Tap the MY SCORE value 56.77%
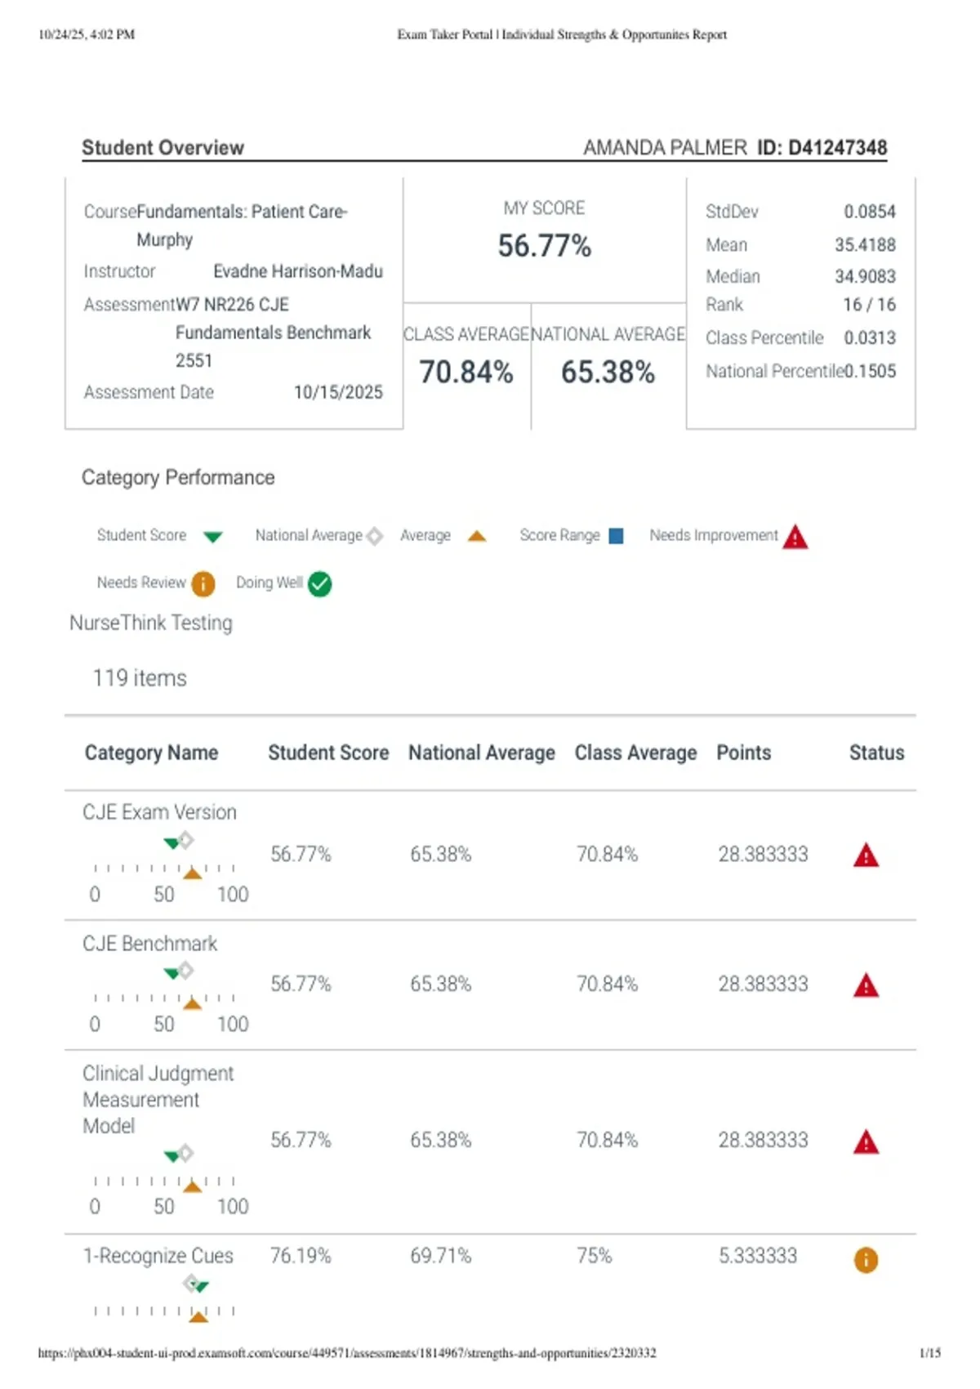click(544, 246)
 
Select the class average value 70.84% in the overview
click(466, 372)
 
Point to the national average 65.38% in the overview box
click(608, 372)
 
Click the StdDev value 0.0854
click(869, 212)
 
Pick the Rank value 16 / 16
click(869, 305)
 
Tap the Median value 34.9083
click(865, 276)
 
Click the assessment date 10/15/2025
click(338, 392)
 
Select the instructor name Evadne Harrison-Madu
click(297, 271)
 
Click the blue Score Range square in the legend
click(616, 536)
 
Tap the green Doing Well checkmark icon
click(320, 583)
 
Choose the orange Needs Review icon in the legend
click(203, 583)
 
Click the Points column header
click(743, 753)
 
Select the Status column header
click(876, 753)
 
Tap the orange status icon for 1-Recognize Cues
click(866, 1259)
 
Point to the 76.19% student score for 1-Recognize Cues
click(301, 1256)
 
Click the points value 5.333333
click(758, 1256)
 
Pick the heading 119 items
click(140, 678)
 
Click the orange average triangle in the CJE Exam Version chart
click(192, 873)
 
